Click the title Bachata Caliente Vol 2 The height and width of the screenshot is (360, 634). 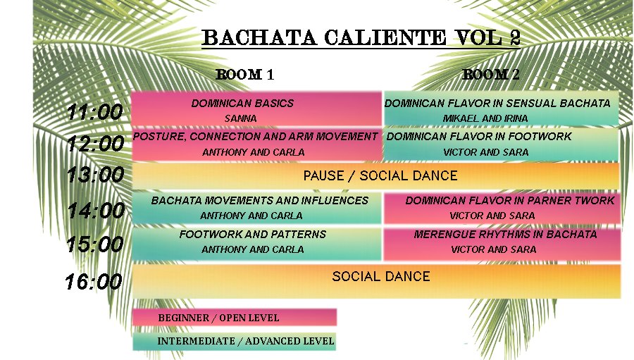[361, 37]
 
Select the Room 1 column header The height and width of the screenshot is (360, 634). [245, 75]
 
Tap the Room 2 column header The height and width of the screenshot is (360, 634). [491, 75]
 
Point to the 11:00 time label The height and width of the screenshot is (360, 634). [94, 112]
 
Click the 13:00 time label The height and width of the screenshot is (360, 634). [95, 175]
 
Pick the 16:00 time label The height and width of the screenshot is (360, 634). [94, 282]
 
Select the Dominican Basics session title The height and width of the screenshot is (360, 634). [242, 103]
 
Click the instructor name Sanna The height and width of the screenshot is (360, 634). [241, 118]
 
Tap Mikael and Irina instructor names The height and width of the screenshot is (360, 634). [485, 118]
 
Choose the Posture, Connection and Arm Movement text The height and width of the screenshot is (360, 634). [255, 136]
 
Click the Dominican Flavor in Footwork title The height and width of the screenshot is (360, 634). [479, 136]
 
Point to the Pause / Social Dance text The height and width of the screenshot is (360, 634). [380, 175]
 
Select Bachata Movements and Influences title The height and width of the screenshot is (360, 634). [259, 200]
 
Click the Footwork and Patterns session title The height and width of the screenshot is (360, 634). [253, 234]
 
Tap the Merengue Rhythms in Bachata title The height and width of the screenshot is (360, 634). [505, 234]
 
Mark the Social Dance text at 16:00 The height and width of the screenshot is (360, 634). [381, 276]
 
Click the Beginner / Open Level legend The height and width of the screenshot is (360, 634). [218, 318]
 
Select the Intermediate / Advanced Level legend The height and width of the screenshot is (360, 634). [246, 341]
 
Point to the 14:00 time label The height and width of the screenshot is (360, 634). [97, 211]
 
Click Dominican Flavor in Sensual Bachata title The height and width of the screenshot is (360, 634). [497, 103]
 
